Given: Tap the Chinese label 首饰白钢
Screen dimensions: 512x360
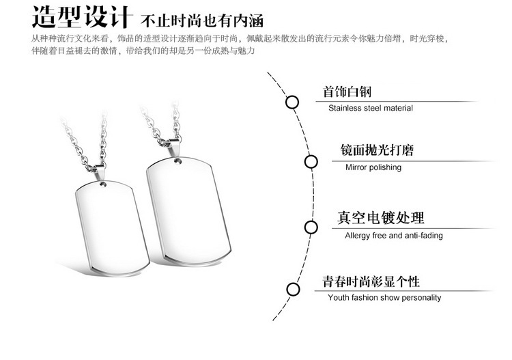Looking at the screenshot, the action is pos(347,92).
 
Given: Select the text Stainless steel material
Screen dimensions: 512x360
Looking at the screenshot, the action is pos(371,108).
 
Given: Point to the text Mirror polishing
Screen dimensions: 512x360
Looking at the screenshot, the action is pos(373,167).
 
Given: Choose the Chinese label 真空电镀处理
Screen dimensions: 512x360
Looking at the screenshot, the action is pos(381,219).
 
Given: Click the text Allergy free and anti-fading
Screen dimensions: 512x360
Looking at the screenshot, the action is pos(394,236).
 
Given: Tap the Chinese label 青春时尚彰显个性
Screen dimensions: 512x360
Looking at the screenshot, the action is pos(371,281).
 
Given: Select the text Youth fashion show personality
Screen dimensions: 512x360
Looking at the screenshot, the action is pos(384,298).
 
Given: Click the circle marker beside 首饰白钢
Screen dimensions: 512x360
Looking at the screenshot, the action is pos(291,102).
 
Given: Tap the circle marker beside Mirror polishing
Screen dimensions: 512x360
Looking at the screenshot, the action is pos(311,162).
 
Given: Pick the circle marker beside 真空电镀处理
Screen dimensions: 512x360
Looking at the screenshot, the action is pos(311,227).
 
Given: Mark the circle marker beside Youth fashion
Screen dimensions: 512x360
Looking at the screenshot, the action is pos(293,289).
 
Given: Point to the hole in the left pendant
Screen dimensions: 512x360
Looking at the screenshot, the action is pos(103,183).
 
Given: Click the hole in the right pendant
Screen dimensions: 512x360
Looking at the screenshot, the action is pos(179,162).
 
